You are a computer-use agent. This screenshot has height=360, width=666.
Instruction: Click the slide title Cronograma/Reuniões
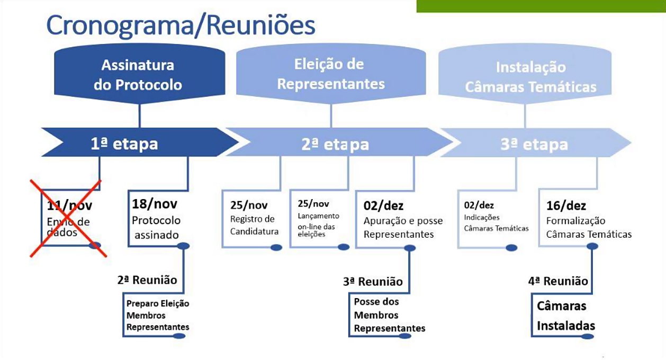click(x=181, y=25)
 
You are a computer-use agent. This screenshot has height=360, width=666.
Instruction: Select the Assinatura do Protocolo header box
click(x=138, y=75)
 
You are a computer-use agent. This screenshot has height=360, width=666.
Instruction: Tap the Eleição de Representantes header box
click(x=331, y=74)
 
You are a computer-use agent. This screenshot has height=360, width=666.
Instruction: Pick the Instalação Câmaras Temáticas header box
click(x=530, y=77)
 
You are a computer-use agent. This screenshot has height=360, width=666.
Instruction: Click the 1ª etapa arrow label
click(x=124, y=143)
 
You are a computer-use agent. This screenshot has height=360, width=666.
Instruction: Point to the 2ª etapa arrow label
click(x=335, y=144)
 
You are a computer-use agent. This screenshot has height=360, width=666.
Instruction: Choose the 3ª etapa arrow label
click(x=534, y=144)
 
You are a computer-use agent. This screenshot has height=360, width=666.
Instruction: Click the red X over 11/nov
click(x=67, y=218)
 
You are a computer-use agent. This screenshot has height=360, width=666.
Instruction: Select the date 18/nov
click(x=155, y=204)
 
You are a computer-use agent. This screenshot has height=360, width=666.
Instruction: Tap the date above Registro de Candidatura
click(x=249, y=205)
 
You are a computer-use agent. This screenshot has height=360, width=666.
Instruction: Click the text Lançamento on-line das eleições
click(x=318, y=225)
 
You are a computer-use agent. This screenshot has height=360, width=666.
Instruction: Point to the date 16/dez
click(x=566, y=206)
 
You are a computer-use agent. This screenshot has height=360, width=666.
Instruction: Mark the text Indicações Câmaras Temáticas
click(x=496, y=223)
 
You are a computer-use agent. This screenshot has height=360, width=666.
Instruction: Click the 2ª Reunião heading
click(x=147, y=280)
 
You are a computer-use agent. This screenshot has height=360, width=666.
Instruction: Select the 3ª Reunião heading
click(x=372, y=282)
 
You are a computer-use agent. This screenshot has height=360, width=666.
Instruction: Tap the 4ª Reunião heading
click(x=558, y=281)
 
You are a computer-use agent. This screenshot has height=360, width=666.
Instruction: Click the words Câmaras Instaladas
click(x=565, y=316)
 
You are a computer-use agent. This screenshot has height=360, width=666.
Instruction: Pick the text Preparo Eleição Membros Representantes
click(x=158, y=315)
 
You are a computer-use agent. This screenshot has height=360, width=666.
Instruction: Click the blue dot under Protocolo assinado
click(x=183, y=246)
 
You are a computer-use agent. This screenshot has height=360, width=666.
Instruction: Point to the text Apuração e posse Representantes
click(x=403, y=228)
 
